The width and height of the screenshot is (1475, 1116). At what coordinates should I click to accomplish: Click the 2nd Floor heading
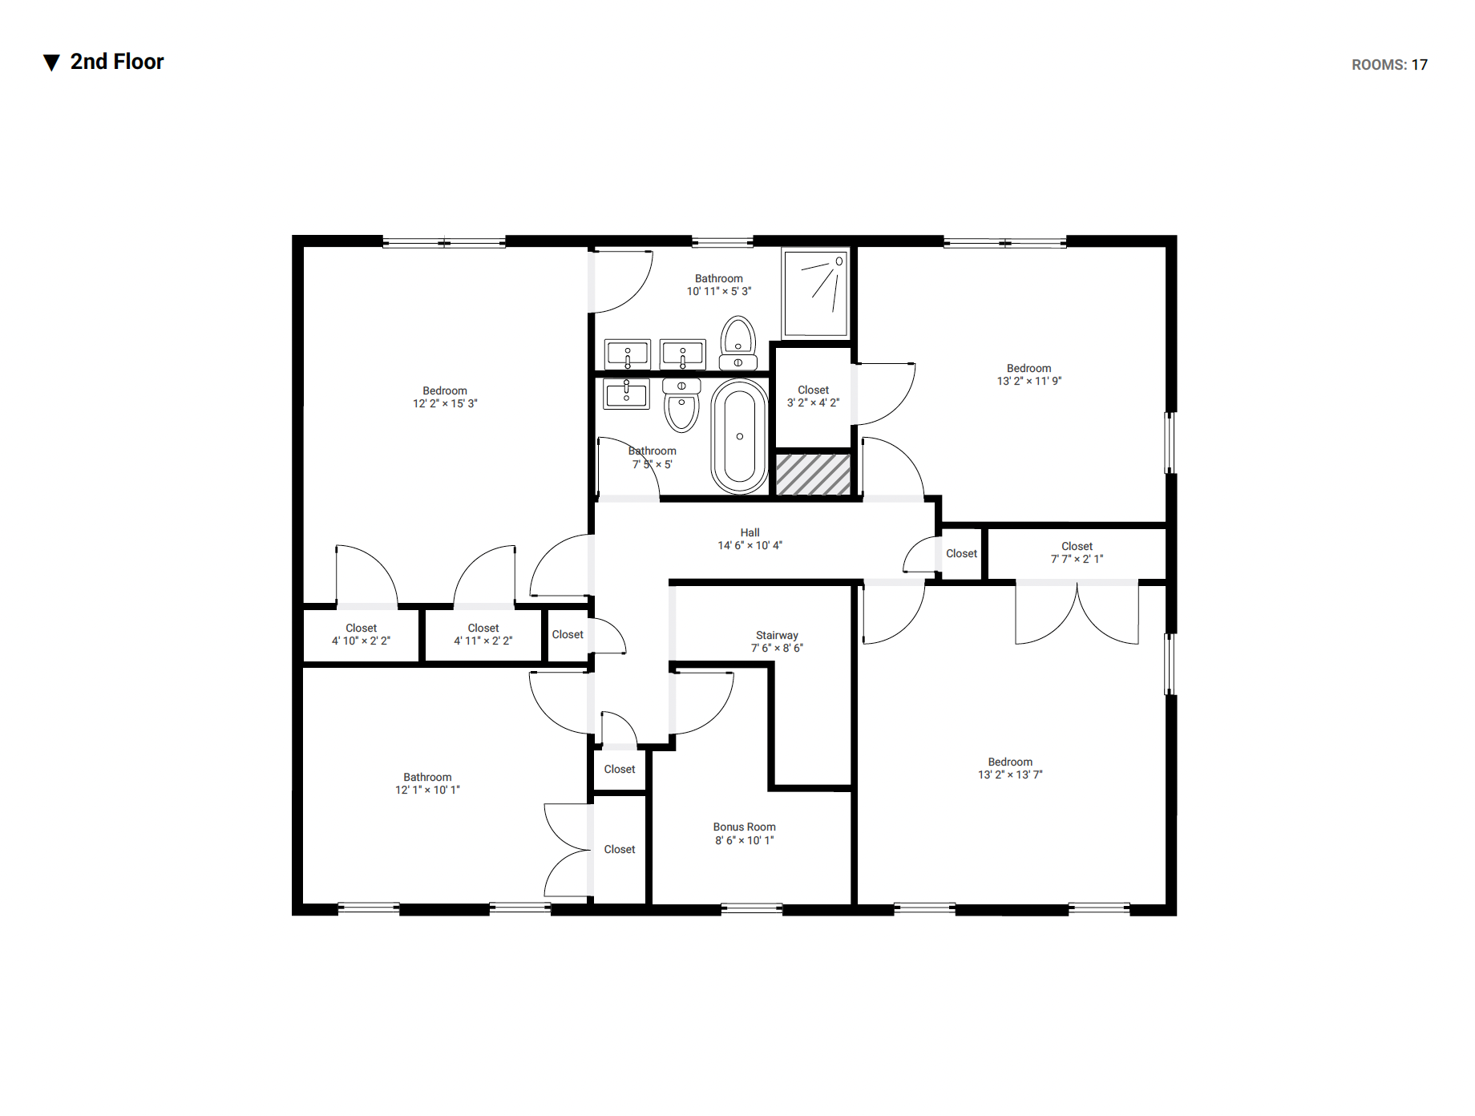pos(117,62)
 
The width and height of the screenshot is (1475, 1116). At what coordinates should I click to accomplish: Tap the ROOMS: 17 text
pos(1389,65)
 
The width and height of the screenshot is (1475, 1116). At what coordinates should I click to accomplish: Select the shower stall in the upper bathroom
pos(815,293)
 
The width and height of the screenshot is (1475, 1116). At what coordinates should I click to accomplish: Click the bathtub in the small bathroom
pos(739,436)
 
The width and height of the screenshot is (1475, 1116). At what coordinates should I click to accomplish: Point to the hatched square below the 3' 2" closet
pos(813,475)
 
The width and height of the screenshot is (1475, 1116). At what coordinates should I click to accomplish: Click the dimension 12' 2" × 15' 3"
pos(445,404)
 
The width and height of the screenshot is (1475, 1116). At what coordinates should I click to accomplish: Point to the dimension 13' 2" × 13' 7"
pos(1010,775)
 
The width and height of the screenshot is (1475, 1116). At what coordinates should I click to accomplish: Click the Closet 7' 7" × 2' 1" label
pos(1077,552)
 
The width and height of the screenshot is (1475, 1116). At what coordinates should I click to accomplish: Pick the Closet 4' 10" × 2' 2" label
pos(361,634)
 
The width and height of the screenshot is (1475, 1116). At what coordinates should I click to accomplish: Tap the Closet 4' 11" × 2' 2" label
pos(483,634)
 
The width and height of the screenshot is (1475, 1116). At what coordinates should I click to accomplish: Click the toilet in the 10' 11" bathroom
pos(737,343)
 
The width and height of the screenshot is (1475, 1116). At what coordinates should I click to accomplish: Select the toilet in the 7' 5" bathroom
pos(681,405)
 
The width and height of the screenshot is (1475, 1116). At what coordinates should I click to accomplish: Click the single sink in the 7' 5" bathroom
pos(626,394)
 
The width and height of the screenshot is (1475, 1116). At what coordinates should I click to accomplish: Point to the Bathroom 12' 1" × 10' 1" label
pos(427,783)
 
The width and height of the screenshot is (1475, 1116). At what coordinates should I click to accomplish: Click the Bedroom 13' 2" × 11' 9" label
pos(1029,374)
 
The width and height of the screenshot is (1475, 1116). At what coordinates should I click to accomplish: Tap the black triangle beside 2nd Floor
pos(51,63)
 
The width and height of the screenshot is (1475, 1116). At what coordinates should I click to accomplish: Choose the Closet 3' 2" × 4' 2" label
pos(813,396)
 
